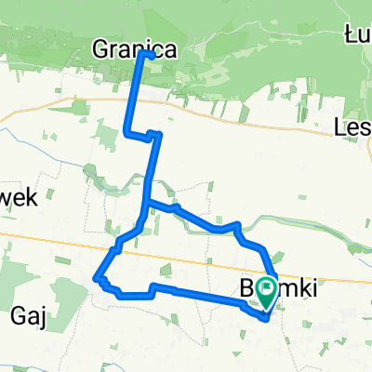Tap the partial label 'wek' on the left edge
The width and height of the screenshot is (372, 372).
coord(19,197)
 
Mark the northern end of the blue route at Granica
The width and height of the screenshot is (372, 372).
coord(142,54)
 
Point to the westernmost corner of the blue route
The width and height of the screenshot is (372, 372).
coord(97,276)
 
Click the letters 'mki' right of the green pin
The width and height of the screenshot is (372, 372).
coord(298,290)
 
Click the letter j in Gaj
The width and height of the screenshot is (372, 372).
coord(43,319)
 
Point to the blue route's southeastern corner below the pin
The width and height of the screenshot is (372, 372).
coord(268,319)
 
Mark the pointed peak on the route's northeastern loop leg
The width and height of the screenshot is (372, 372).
coord(238,224)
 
